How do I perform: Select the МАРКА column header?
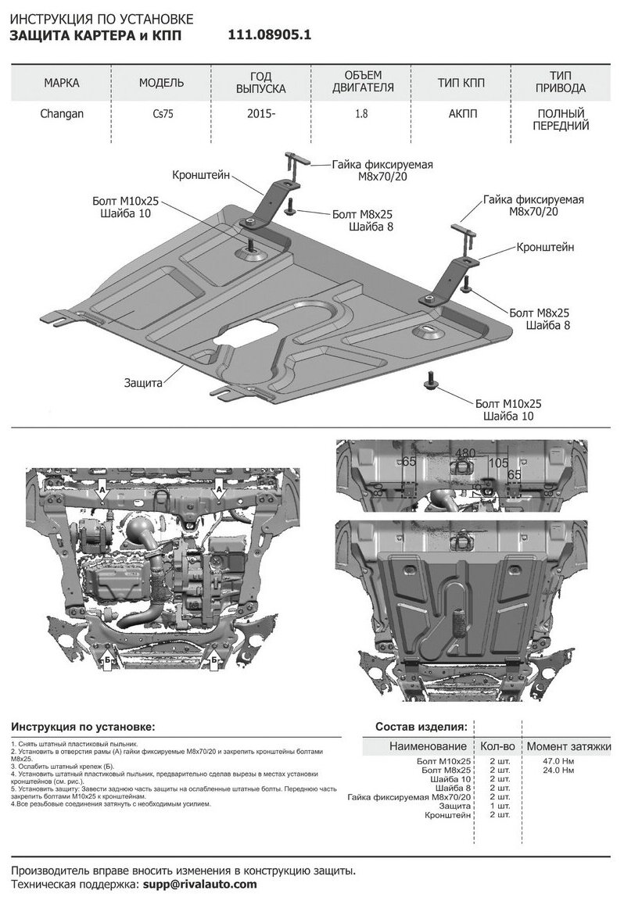61,82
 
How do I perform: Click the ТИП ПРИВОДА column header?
558,82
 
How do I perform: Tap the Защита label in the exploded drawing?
143,384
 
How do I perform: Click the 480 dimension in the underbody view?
465,453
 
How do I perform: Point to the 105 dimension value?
498,463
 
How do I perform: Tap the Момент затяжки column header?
568,746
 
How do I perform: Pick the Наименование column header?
428,746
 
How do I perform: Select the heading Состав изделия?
421,727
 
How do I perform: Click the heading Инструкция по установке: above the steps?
83,727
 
